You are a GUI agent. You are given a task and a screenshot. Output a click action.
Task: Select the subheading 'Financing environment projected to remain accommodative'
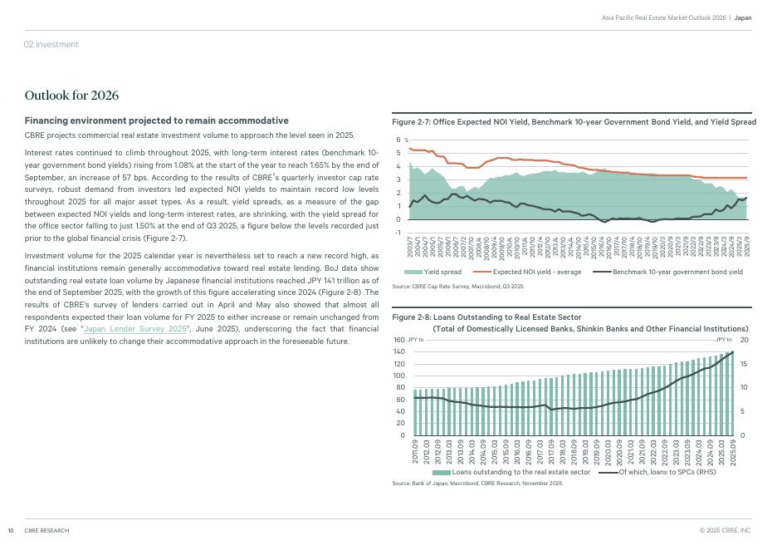click(156, 120)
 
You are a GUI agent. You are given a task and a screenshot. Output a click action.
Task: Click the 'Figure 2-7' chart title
click(574, 122)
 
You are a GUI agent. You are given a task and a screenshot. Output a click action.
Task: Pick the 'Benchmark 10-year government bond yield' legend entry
click(677, 272)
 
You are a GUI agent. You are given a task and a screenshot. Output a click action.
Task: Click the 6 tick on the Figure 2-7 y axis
click(398, 140)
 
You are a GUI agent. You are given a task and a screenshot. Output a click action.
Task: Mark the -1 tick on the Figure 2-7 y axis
click(398, 233)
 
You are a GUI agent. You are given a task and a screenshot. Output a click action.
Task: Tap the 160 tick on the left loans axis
click(398, 340)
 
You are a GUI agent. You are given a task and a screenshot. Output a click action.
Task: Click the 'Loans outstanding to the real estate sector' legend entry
click(520, 472)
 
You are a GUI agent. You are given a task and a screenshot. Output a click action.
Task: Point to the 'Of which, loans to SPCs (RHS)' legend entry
click(667, 472)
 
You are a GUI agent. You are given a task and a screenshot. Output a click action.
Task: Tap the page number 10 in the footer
click(11, 530)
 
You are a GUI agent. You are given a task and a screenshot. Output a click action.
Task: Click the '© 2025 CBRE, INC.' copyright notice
click(725, 530)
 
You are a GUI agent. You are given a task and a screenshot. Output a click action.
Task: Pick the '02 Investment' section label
click(51, 44)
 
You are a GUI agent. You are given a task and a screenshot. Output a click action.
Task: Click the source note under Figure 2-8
click(476, 483)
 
